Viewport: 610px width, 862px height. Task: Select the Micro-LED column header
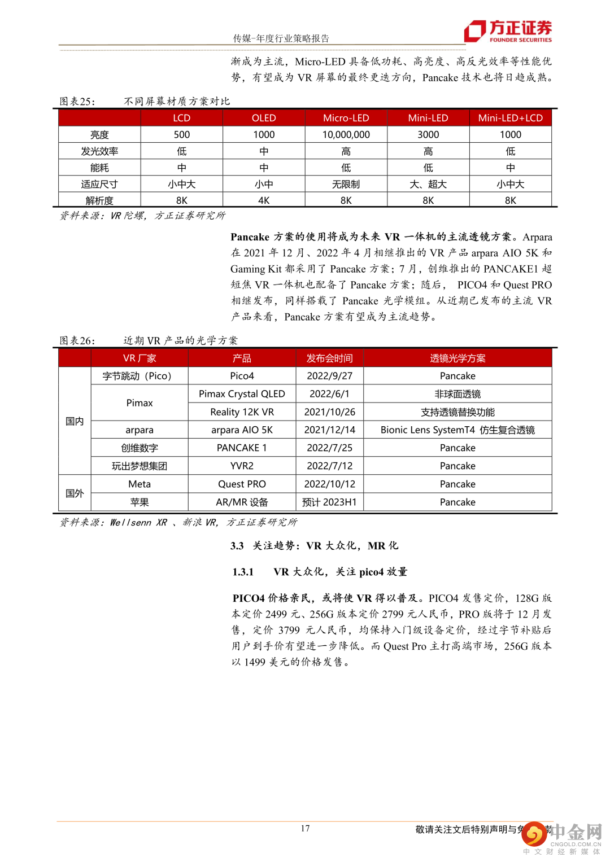coord(346,118)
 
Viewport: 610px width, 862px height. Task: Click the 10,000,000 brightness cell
coord(346,135)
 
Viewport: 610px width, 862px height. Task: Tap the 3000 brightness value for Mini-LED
coord(428,135)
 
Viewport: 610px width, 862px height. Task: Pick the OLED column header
coord(264,118)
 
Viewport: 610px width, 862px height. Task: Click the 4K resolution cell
coord(264,200)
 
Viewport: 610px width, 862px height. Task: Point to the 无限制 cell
coord(346,184)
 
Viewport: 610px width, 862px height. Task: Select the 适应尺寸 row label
coord(99,184)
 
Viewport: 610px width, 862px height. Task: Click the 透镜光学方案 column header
coord(457,358)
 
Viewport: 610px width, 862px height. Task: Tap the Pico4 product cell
coord(242,376)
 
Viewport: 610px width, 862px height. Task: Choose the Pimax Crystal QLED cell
coord(242,394)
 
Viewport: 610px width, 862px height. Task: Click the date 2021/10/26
coord(330,412)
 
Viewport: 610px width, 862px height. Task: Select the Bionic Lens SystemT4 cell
coord(457,430)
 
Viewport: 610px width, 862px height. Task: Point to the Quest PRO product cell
coord(242,484)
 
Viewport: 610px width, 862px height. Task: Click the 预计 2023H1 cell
coord(330,502)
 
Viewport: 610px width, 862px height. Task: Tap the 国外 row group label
coord(75,493)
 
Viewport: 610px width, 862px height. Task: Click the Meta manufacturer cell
coord(140,484)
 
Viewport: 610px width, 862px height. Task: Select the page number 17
coord(305,828)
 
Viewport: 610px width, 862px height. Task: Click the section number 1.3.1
coord(243,572)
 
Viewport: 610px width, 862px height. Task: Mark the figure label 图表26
coord(77,340)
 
